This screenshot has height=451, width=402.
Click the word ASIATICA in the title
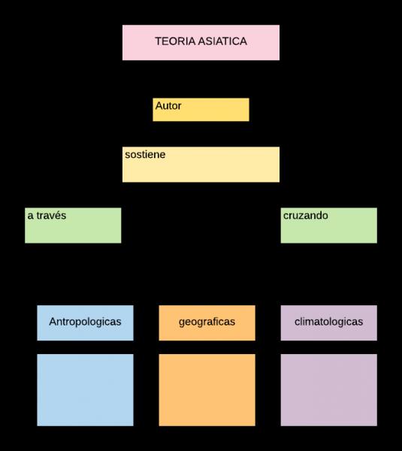[x=222, y=41]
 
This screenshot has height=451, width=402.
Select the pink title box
[x=201, y=43]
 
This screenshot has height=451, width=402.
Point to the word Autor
[x=168, y=106]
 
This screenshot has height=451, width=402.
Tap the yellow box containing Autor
[x=201, y=110]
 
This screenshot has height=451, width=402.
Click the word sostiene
[x=145, y=154]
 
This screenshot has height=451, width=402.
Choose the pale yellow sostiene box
[x=201, y=165]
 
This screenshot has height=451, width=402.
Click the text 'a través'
[x=47, y=216]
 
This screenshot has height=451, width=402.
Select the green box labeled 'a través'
[x=73, y=225]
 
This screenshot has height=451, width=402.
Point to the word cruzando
[x=306, y=216]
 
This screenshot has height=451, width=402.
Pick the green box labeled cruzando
[x=328, y=225]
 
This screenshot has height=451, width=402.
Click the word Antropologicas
[x=85, y=322]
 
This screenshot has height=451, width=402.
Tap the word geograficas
[x=207, y=322]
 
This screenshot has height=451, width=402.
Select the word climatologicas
[x=328, y=322]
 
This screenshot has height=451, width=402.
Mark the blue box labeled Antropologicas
[x=85, y=323]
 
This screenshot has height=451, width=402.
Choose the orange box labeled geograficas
[x=207, y=323]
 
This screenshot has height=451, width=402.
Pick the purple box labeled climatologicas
[x=328, y=323]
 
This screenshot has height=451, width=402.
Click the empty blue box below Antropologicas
[x=85, y=390]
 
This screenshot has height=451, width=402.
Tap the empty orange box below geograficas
[x=207, y=390]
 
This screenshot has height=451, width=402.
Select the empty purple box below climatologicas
[x=328, y=390]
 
